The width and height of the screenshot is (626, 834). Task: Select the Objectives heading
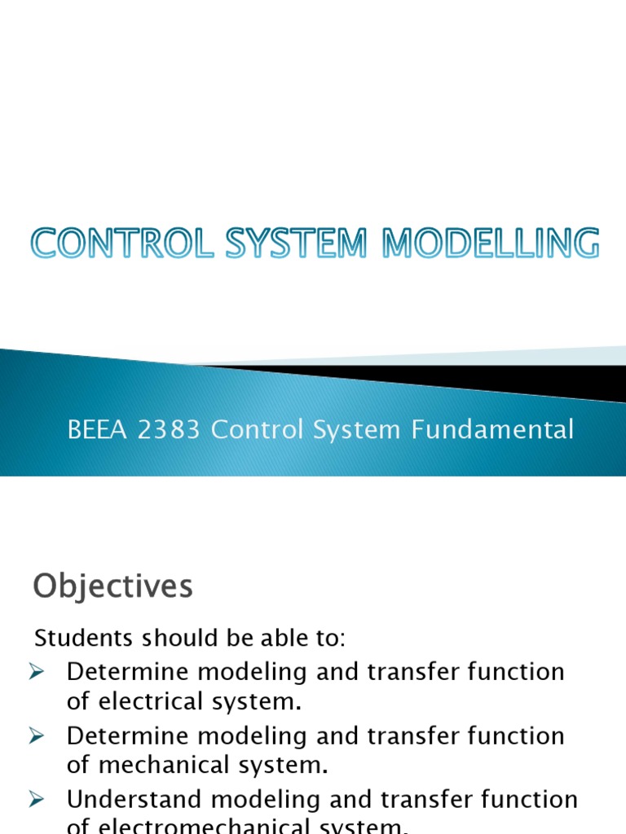[x=112, y=586]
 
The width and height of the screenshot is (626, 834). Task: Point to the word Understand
[x=137, y=799]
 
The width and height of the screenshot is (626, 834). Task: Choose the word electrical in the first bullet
[x=143, y=701]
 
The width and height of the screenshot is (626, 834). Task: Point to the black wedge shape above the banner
[x=489, y=380]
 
